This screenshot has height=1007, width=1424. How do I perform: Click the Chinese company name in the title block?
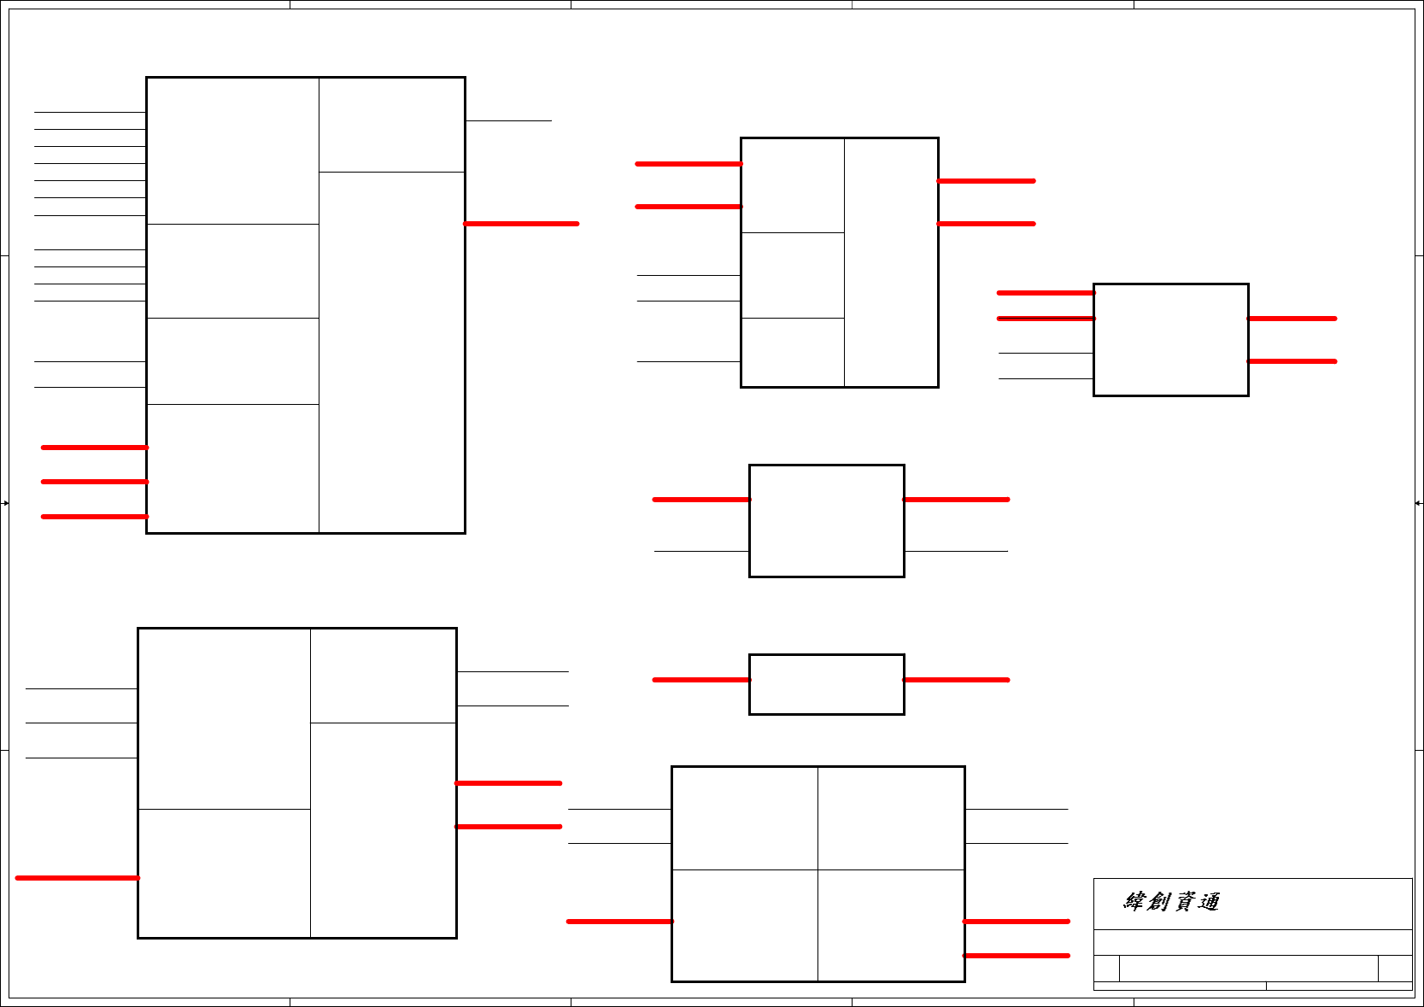coord(1171,902)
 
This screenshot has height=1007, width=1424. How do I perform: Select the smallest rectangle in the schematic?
coord(826,684)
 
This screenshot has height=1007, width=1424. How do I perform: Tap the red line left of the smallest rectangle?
coord(700,680)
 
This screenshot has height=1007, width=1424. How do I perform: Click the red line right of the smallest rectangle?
coord(956,680)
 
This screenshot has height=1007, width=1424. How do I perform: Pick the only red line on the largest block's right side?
coord(521,224)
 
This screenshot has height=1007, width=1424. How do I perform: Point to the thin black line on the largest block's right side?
coord(508,120)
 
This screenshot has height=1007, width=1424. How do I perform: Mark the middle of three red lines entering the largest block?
coord(95,482)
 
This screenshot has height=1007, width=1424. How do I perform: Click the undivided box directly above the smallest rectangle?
coord(826,521)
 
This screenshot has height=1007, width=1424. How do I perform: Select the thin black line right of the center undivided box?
coord(956,551)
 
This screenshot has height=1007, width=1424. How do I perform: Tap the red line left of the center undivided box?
coord(700,500)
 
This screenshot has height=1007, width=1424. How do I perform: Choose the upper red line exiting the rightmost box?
coord(1292,319)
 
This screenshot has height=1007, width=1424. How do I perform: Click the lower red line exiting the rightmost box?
coord(1292,361)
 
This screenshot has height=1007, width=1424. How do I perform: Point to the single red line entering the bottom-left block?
coord(77,878)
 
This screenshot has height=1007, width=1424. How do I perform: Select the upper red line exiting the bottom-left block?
coord(508,783)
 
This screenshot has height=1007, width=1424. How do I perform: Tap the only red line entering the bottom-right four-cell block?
coord(619,922)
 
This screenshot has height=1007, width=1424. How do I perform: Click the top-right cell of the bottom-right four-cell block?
coord(891,818)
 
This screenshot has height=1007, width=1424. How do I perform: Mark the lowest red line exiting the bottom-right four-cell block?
coord(1016,956)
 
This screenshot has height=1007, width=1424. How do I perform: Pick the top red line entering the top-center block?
coord(689,164)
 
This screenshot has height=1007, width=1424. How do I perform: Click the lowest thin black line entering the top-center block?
coord(689,361)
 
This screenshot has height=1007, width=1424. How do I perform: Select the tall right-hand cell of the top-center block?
coord(891,262)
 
